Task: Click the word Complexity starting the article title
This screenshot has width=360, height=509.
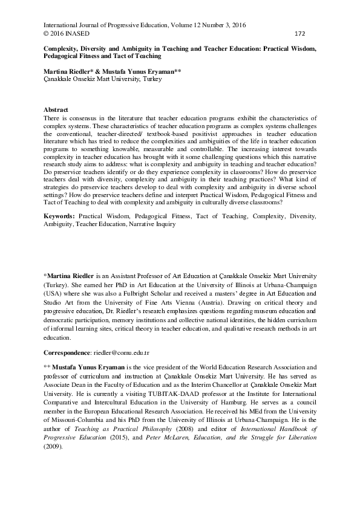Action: point(61,47)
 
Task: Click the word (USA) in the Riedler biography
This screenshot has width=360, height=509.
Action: point(53,292)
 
